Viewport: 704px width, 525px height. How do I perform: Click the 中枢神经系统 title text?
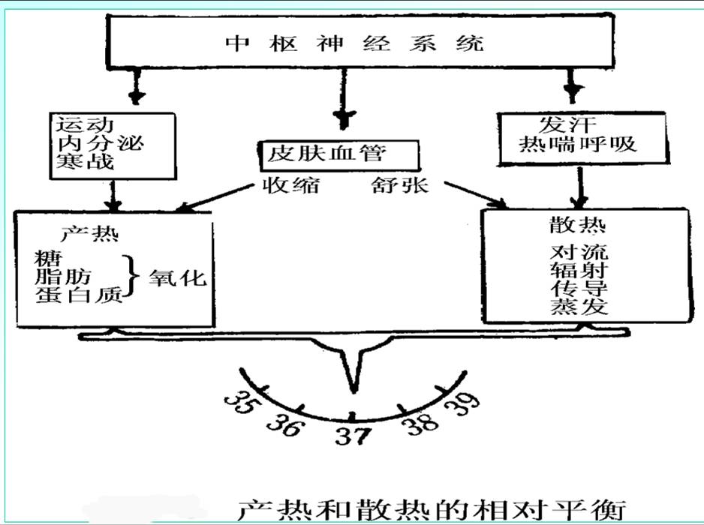pos(354,42)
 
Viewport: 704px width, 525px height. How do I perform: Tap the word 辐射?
pos(579,269)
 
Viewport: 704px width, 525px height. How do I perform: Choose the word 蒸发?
pos(579,307)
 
